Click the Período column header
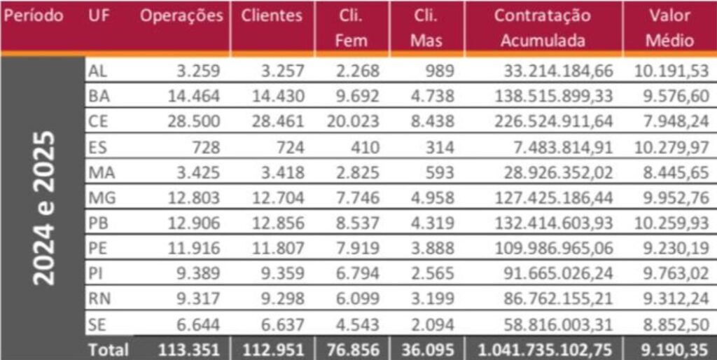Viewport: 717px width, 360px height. [x=34, y=16]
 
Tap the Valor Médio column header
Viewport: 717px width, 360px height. [x=669, y=28]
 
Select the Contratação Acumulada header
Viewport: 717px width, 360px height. [x=542, y=28]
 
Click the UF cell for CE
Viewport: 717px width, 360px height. [x=98, y=122]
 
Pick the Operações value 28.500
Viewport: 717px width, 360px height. [x=194, y=122]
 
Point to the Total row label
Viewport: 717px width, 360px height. [x=109, y=349]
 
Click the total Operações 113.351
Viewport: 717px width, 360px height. [x=190, y=349]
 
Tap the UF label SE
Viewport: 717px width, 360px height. [x=98, y=324]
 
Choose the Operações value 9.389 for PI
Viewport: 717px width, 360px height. [x=197, y=273]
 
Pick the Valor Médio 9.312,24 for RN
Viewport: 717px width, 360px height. [x=675, y=299]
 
